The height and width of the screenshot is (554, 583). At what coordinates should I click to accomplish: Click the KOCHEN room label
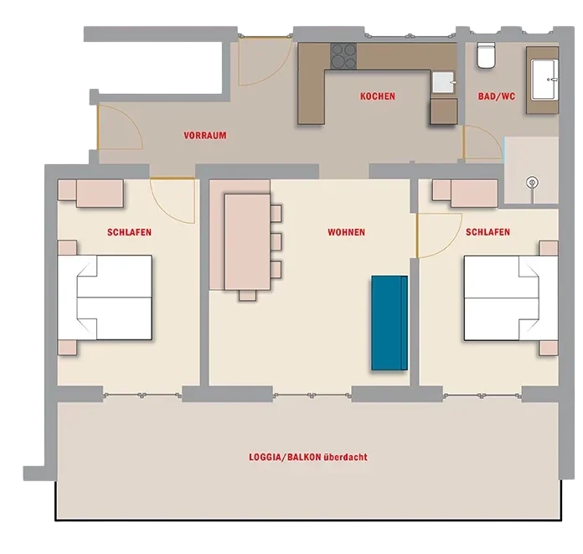tap(378, 96)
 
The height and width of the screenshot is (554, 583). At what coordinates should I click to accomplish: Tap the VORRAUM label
tap(205, 136)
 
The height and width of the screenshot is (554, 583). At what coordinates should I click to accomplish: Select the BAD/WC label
tap(497, 96)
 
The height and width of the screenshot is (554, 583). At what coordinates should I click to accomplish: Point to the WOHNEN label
tap(346, 232)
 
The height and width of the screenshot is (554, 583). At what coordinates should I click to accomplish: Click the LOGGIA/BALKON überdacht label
tap(308, 457)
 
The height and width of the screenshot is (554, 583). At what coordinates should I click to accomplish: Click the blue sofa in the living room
tap(390, 323)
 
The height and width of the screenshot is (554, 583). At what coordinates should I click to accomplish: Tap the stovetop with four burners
tap(343, 56)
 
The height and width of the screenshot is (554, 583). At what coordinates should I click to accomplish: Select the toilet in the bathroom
tap(486, 55)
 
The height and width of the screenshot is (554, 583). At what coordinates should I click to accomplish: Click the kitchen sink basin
tap(444, 82)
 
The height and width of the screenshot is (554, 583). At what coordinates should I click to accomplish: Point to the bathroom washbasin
tap(544, 80)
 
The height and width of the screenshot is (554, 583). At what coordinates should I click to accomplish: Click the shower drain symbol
tap(533, 183)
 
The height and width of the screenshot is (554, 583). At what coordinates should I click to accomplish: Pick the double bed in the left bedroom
tap(105, 298)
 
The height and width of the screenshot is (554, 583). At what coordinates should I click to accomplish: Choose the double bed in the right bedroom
tap(511, 298)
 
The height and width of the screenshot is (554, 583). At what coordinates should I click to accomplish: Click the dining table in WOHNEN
tap(247, 242)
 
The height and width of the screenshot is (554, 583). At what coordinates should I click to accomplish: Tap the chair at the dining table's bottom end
tap(247, 295)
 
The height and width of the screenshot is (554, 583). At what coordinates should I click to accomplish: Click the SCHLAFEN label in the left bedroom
tap(129, 232)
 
